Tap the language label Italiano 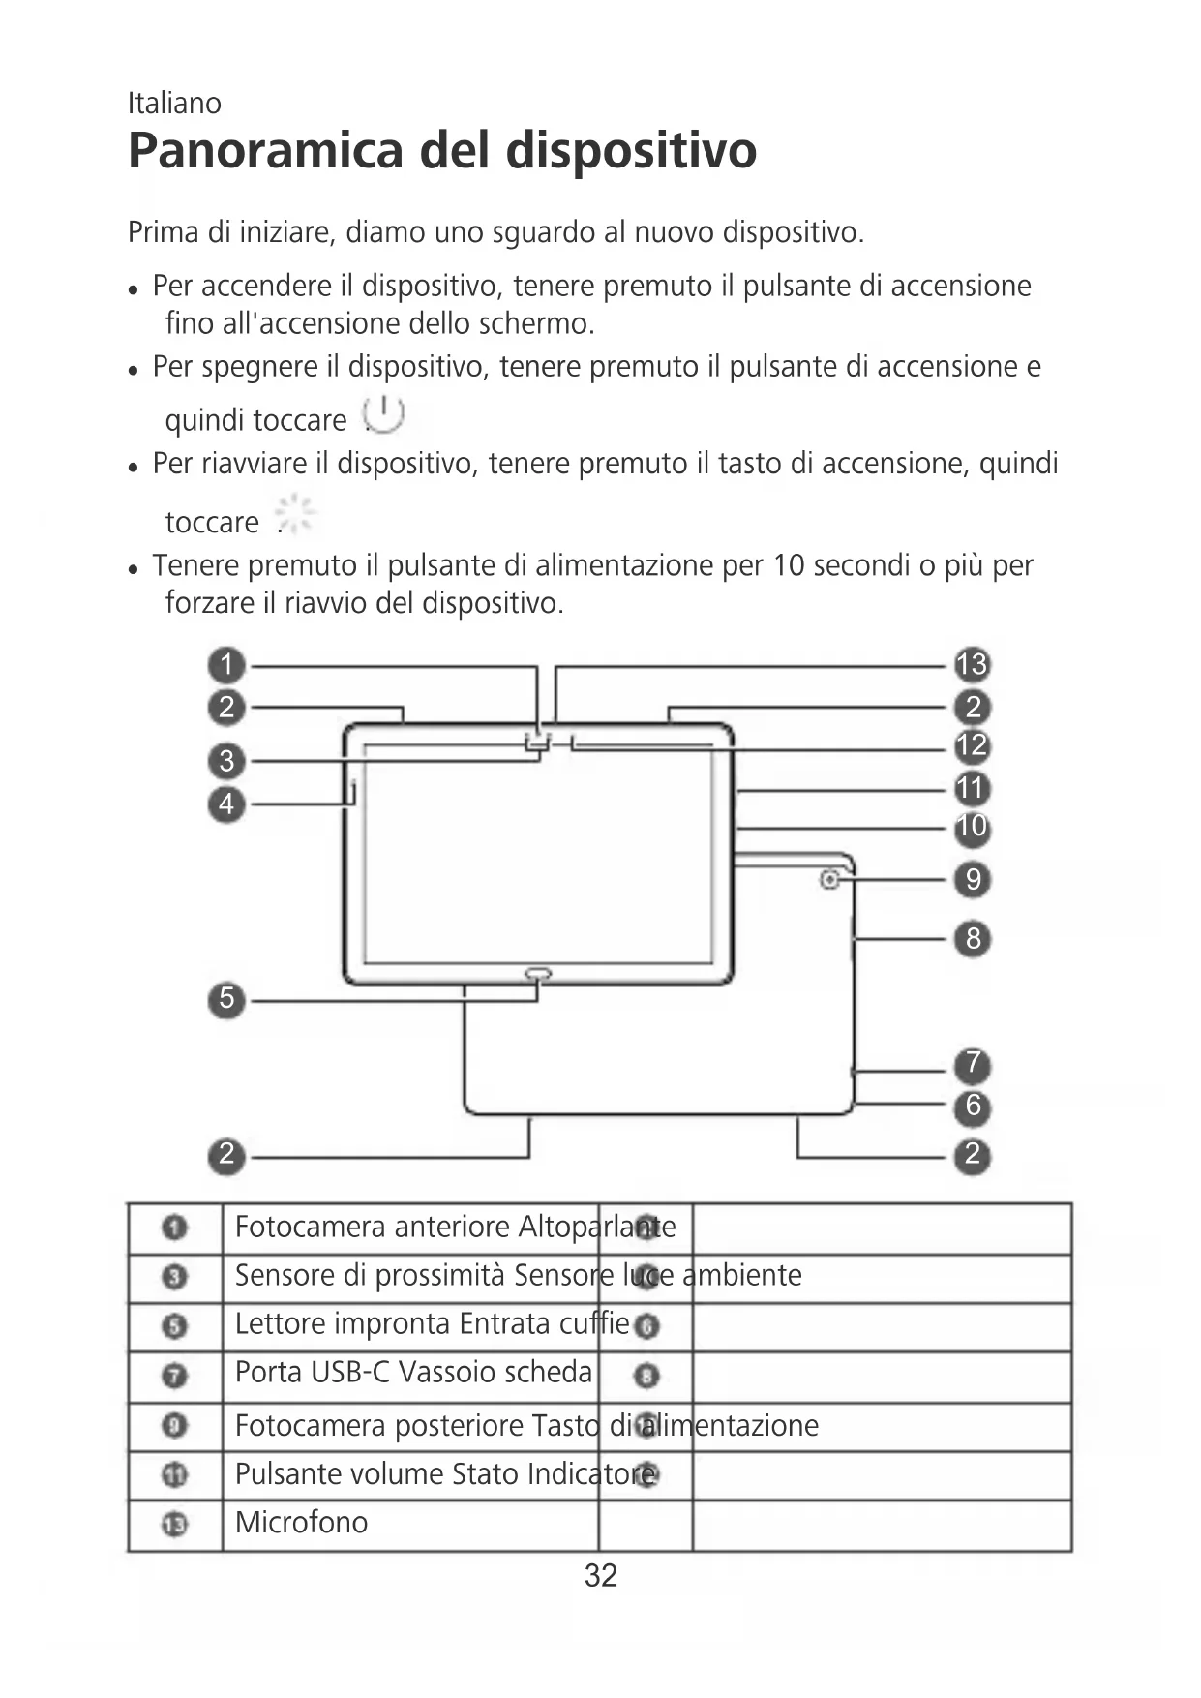coord(174,103)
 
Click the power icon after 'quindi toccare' coord(383,415)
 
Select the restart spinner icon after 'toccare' coord(295,514)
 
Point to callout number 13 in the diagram coord(972,665)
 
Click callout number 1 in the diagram coord(226,665)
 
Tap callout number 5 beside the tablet coord(226,999)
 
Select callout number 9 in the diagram coord(973,879)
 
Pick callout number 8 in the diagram coord(973,938)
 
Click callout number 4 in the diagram coord(226,804)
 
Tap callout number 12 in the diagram coord(972,746)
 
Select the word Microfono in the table coord(301,1523)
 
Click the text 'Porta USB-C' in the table coord(313,1373)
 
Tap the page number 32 coord(600,1576)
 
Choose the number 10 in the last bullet coord(788,565)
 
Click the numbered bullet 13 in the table coord(175,1525)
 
